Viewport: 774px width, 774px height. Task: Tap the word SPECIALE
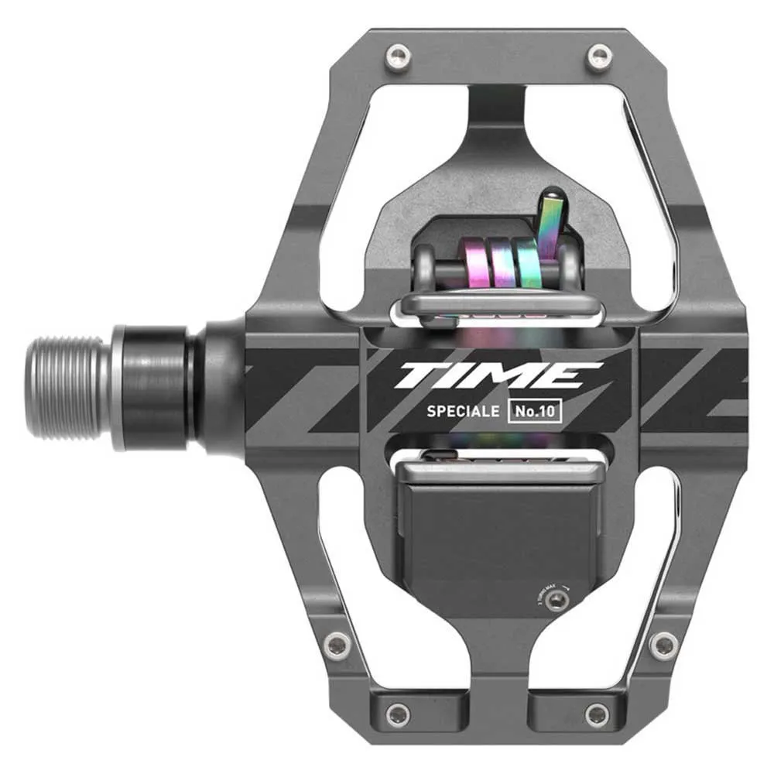(x=462, y=412)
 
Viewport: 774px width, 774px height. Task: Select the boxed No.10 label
(x=534, y=412)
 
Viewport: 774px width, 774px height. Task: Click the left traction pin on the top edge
(x=398, y=54)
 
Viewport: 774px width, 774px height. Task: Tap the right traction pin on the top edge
(x=598, y=55)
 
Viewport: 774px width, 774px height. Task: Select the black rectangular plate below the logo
(x=499, y=542)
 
